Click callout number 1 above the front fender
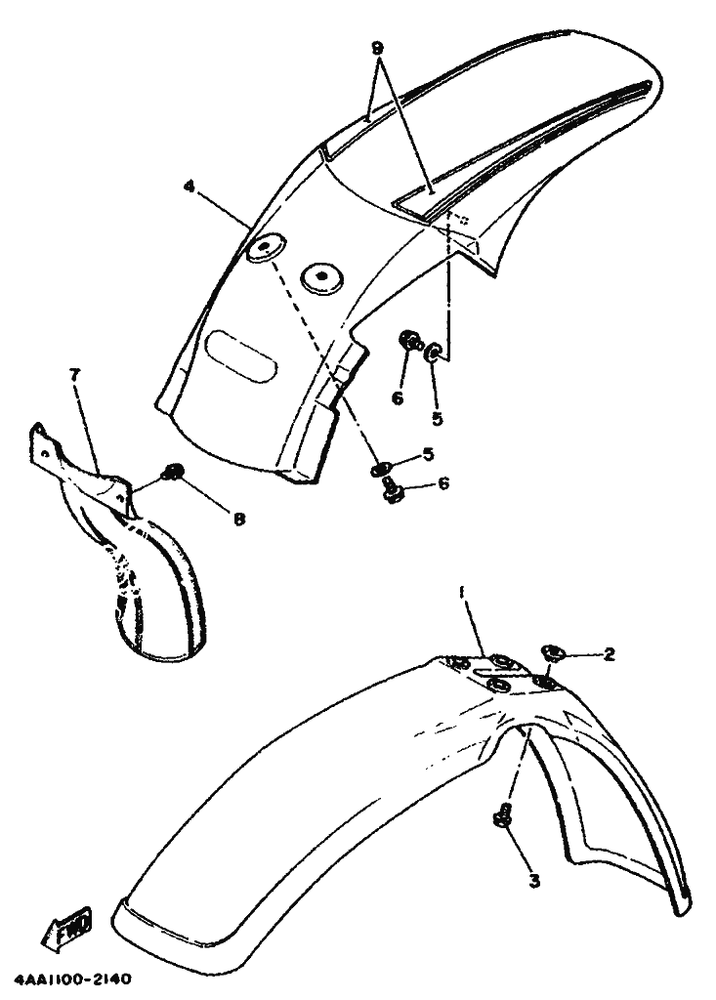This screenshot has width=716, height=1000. click(x=461, y=593)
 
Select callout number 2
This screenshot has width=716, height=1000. click(x=609, y=653)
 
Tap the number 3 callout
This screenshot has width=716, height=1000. click(x=534, y=881)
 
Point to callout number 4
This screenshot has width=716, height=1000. click(x=189, y=187)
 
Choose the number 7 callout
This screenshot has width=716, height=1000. click(x=75, y=375)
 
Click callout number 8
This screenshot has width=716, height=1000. click(x=238, y=520)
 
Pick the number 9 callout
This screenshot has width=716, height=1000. click(x=378, y=48)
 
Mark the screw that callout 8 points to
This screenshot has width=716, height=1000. click(x=172, y=472)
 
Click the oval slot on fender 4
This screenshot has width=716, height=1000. click(x=241, y=356)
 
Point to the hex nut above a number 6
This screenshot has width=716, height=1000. click(x=408, y=341)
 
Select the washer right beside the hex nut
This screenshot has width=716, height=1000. click(x=433, y=352)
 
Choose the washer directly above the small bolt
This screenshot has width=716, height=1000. click(x=378, y=470)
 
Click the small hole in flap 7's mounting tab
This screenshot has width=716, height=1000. click(x=43, y=453)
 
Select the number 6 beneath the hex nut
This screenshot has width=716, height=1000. click(x=398, y=398)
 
